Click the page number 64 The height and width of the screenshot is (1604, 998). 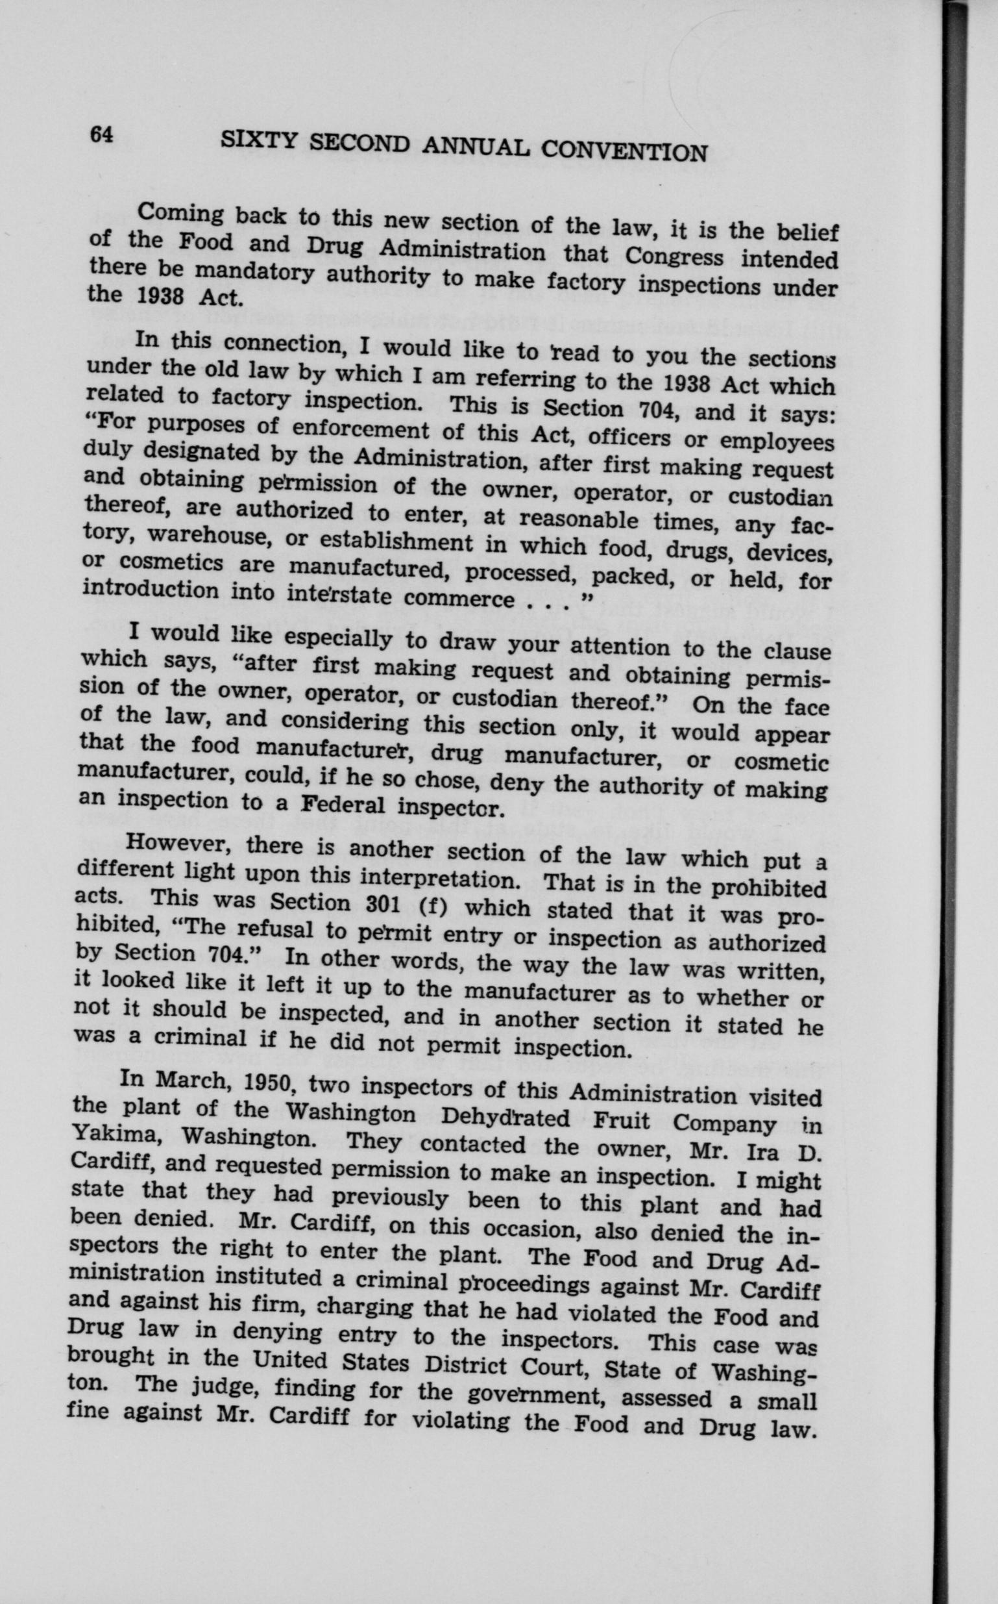tap(102, 134)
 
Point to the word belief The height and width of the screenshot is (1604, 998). tap(806, 234)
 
